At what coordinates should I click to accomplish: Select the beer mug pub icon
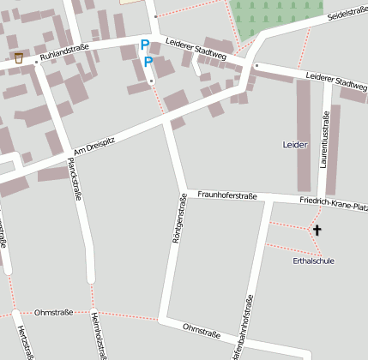19,57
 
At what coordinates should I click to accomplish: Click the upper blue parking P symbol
144,44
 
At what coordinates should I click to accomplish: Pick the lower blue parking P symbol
148,62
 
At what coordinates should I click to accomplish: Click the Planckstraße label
75,178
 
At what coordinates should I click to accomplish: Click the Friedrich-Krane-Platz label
334,204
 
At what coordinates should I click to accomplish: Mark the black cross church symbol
317,230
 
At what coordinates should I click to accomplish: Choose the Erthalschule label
312,260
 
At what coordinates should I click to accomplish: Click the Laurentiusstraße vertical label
325,142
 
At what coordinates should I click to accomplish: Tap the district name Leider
294,146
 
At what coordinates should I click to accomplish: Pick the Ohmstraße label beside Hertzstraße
51,312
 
